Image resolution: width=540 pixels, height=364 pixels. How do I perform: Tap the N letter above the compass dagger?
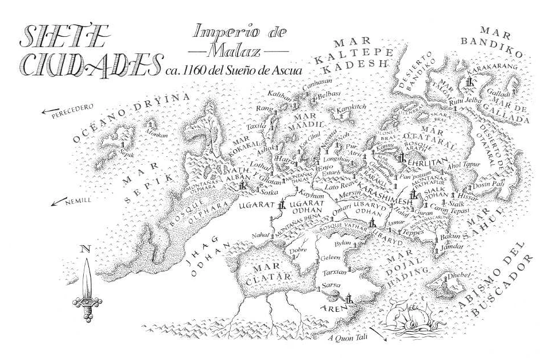point(86,249)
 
